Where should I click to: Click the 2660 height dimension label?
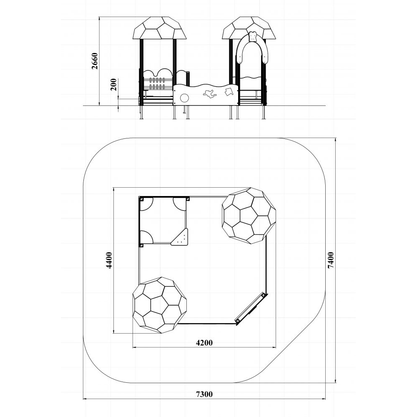(x=95, y=61)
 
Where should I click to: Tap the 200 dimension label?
(x=114, y=85)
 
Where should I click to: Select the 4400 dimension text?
(x=109, y=260)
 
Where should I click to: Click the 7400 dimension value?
(x=331, y=260)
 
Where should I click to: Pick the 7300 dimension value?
(x=204, y=394)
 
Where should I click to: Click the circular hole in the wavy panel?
(x=184, y=98)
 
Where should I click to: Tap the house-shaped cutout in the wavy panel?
(x=229, y=92)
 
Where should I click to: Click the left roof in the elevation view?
(x=160, y=28)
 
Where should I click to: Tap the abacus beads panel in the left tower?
(x=157, y=83)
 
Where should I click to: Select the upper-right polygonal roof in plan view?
(x=249, y=216)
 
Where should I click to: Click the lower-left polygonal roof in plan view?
(x=160, y=305)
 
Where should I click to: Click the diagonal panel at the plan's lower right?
(x=251, y=309)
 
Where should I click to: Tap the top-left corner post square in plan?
(x=141, y=198)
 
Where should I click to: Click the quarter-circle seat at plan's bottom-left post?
(x=146, y=237)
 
